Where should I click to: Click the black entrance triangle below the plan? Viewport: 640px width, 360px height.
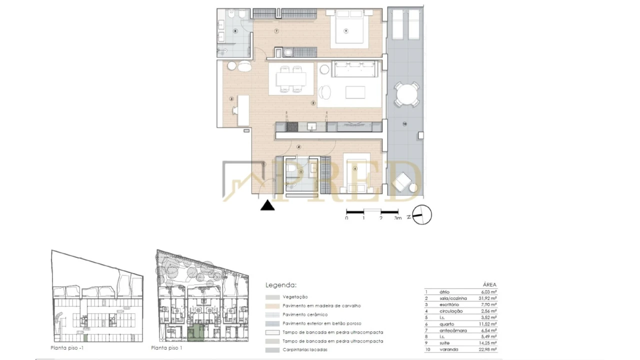click(268, 205)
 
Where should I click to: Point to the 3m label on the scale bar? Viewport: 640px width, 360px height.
click(397, 218)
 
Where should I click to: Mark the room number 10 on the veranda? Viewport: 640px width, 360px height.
click(405, 123)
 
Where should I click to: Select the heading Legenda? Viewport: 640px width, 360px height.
click(280, 285)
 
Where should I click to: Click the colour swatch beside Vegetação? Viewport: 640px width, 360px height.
click(272, 297)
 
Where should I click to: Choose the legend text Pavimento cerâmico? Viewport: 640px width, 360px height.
click(304, 314)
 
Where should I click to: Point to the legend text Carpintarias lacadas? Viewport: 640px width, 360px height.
click(304, 349)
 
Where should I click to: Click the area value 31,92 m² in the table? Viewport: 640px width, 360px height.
click(487, 298)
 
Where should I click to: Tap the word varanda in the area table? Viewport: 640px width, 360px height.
click(449, 349)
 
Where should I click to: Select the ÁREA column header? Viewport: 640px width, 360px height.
click(490, 284)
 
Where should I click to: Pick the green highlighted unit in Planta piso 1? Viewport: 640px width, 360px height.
click(195, 333)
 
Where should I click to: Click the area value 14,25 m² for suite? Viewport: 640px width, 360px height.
click(487, 343)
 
